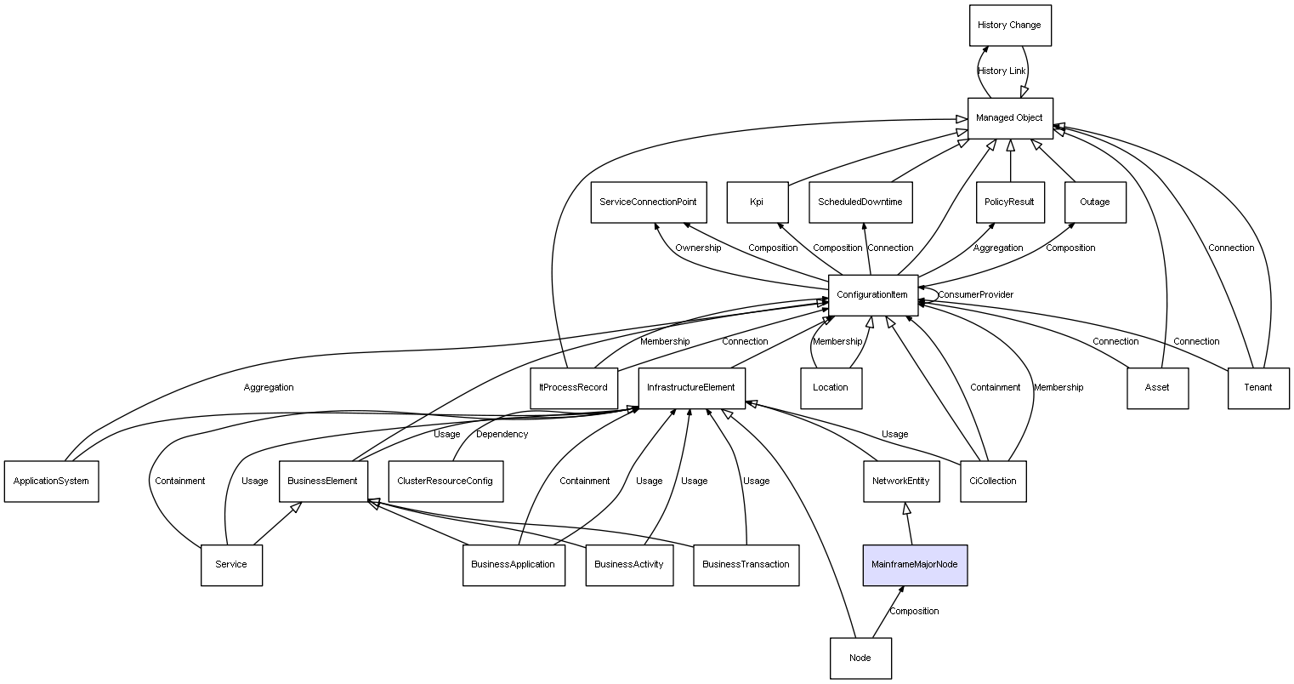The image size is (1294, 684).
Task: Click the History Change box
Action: tap(1009, 26)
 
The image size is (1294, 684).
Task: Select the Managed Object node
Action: tap(1009, 118)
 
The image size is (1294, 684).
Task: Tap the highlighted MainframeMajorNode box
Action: tap(915, 565)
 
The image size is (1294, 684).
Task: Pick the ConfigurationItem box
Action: tap(872, 295)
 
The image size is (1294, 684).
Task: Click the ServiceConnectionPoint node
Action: tap(648, 202)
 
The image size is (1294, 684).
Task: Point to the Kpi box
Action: tap(757, 202)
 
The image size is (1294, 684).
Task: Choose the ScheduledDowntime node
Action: tap(860, 202)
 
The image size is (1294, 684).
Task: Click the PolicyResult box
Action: tap(1009, 202)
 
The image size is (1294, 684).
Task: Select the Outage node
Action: tap(1094, 202)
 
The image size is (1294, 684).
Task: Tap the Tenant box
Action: tap(1258, 388)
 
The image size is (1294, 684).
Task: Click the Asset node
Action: tap(1157, 388)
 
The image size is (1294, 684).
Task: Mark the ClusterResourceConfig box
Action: tap(445, 482)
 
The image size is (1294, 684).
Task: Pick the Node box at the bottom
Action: tap(860, 658)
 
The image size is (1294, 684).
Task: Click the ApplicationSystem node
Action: tap(51, 482)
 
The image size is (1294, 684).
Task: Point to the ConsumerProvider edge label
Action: tap(975, 295)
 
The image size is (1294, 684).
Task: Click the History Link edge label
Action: tap(1002, 71)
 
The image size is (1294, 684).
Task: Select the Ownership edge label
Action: tap(698, 248)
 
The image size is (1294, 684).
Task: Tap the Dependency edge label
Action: tap(502, 435)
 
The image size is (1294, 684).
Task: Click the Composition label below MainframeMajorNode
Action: tap(914, 612)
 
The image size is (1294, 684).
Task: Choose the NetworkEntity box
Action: tap(901, 482)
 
